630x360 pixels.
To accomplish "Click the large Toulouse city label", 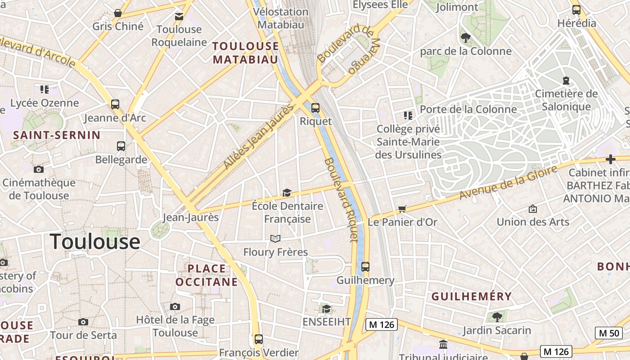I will (x=95, y=242).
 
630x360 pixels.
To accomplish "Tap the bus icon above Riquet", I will (x=315, y=108).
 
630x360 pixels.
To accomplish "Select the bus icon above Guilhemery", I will (x=365, y=267).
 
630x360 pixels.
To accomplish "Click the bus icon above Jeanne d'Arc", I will (x=115, y=104).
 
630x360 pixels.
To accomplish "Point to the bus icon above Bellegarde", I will (x=121, y=146).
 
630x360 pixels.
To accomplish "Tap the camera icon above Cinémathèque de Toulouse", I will (x=39, y=170).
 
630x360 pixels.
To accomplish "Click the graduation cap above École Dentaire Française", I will (x=287, y=193).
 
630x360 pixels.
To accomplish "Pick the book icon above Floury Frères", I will (x=275, y=238).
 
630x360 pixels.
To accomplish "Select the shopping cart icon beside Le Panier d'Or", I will (x=402, y=209).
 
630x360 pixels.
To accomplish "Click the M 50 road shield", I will (x=609, y=333).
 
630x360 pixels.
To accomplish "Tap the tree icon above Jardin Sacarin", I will (x=497, y=317).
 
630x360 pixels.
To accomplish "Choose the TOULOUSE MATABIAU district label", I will (x=246, y=53).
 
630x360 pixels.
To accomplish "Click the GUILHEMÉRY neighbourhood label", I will (x=472, y=297).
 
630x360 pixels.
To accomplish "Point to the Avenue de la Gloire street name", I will (x=508, y=182).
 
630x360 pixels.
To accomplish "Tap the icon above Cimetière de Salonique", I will (x=566, y=81).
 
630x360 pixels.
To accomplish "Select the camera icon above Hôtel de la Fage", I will (x=175, y=307).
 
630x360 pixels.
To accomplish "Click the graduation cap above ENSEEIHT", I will (x=326, y=309).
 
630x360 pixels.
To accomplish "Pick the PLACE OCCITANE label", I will (x=207, y=275).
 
